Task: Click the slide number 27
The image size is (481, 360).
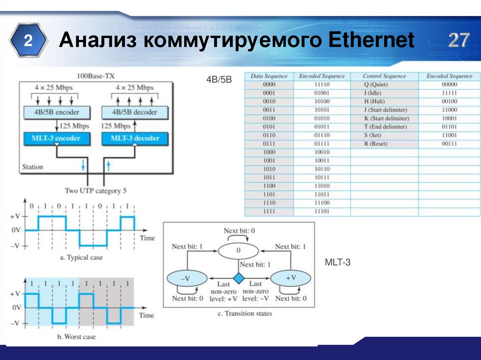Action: click(458, 41)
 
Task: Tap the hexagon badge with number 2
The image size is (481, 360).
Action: click(28, 41)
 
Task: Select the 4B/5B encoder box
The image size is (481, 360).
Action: click(57, 112)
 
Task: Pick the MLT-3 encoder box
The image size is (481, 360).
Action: click(57, 138)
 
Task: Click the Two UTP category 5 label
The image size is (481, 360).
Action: click(96, 191)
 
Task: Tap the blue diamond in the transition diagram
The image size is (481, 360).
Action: click(239, 278)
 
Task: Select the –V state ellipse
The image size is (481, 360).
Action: click(186, 278)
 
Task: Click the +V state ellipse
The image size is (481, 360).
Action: click(291, 278)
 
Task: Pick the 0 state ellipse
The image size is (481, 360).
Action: click(239, 250)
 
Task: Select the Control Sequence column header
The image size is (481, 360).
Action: click(384, 76)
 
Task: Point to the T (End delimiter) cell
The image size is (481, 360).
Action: click(385, 127)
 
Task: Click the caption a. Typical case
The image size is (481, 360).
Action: click(82, 257)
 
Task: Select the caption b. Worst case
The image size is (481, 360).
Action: click(77, 337)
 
